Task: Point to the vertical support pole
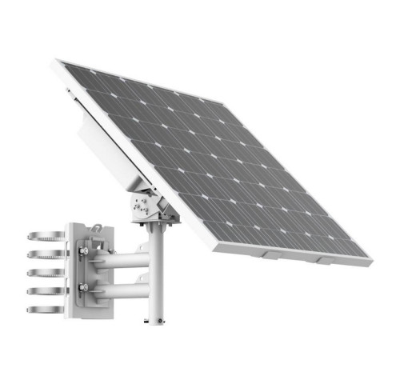157,280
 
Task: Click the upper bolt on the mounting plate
83,251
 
